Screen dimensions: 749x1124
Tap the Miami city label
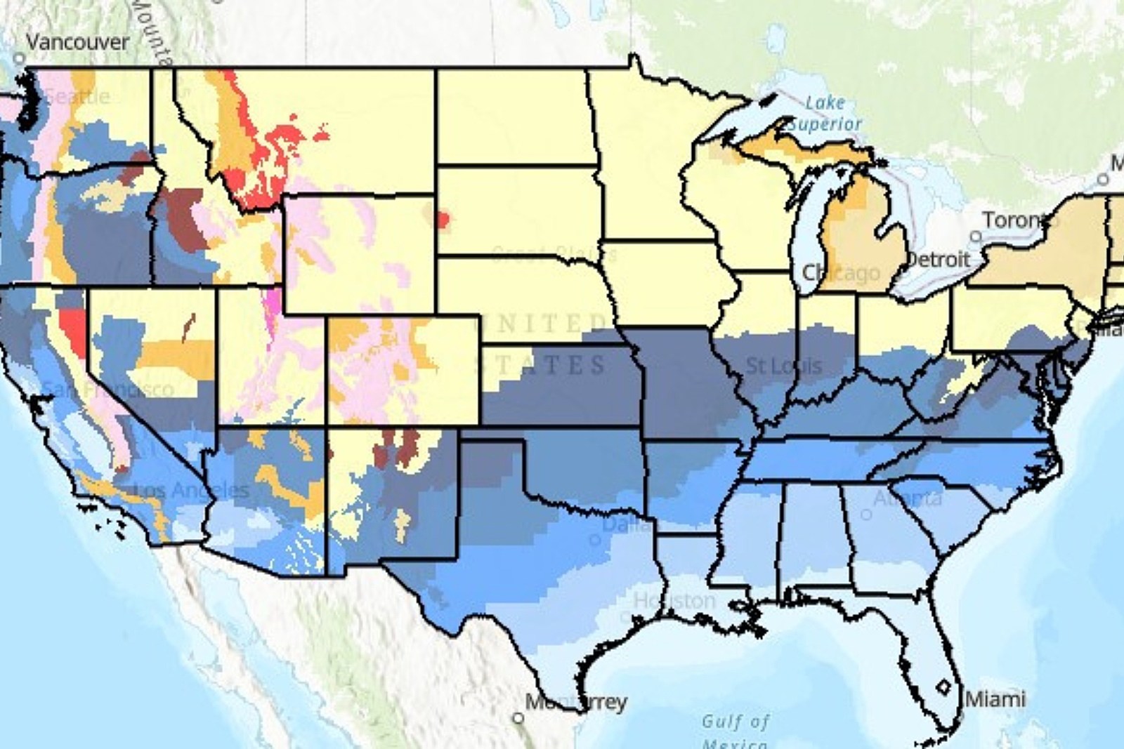[995, 699]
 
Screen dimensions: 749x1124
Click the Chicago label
[841, 273]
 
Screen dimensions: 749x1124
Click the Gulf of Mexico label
[735, 730]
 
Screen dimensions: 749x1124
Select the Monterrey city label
[576, 702]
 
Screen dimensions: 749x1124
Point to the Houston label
[674, 601]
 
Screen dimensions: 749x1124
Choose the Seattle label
[77, 96]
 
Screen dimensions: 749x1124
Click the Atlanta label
[907, 499]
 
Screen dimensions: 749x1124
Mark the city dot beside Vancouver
[20, 59]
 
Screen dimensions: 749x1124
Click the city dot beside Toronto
[976, 237]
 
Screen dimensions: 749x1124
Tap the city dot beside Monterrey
[518, 717]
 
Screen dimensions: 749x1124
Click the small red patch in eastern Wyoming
[440, 219]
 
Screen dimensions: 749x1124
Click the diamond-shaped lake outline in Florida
[944, 685]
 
